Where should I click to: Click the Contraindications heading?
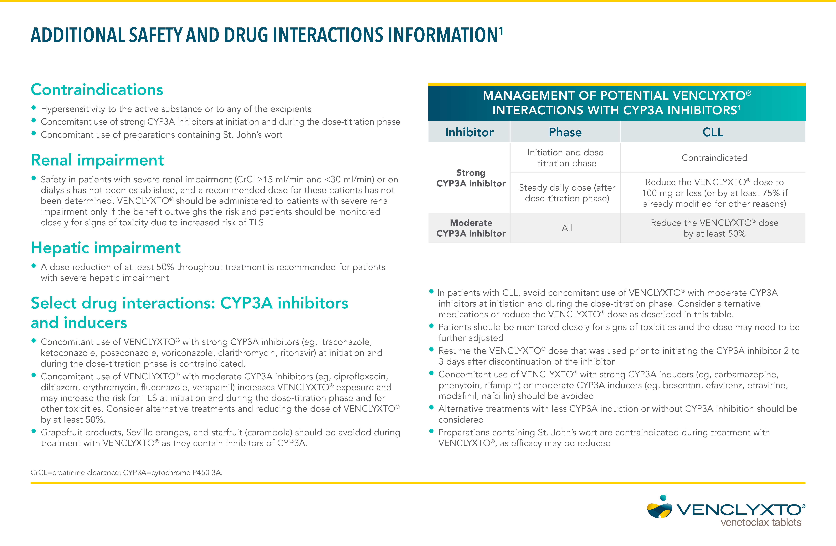pyautogui.click(x=97, y=90)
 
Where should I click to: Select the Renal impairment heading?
pyautogui.click(x=97, y=160)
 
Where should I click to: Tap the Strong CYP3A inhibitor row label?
pyautogui.click(x=471, y=178)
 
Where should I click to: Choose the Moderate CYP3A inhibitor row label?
pyautogui.click(x=471, y=228)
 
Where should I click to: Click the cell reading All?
pyautogui.click(x=567, y=228)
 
